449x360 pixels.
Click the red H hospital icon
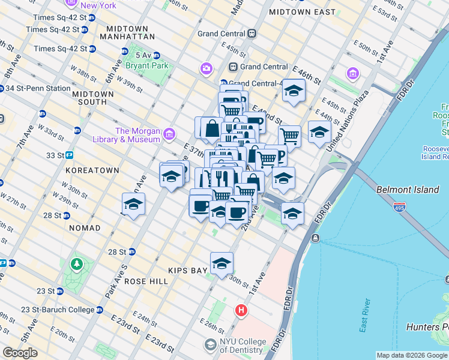pos(241,310)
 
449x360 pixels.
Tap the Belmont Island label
pos(408,190)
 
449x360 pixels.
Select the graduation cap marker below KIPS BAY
pos(221,263)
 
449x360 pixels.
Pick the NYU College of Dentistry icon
pos(209,345)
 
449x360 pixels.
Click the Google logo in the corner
pos(20,352)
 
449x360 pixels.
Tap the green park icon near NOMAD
pos(76,264)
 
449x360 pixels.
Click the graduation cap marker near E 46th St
pos(294,90)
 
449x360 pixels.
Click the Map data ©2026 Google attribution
pos(411,355)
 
